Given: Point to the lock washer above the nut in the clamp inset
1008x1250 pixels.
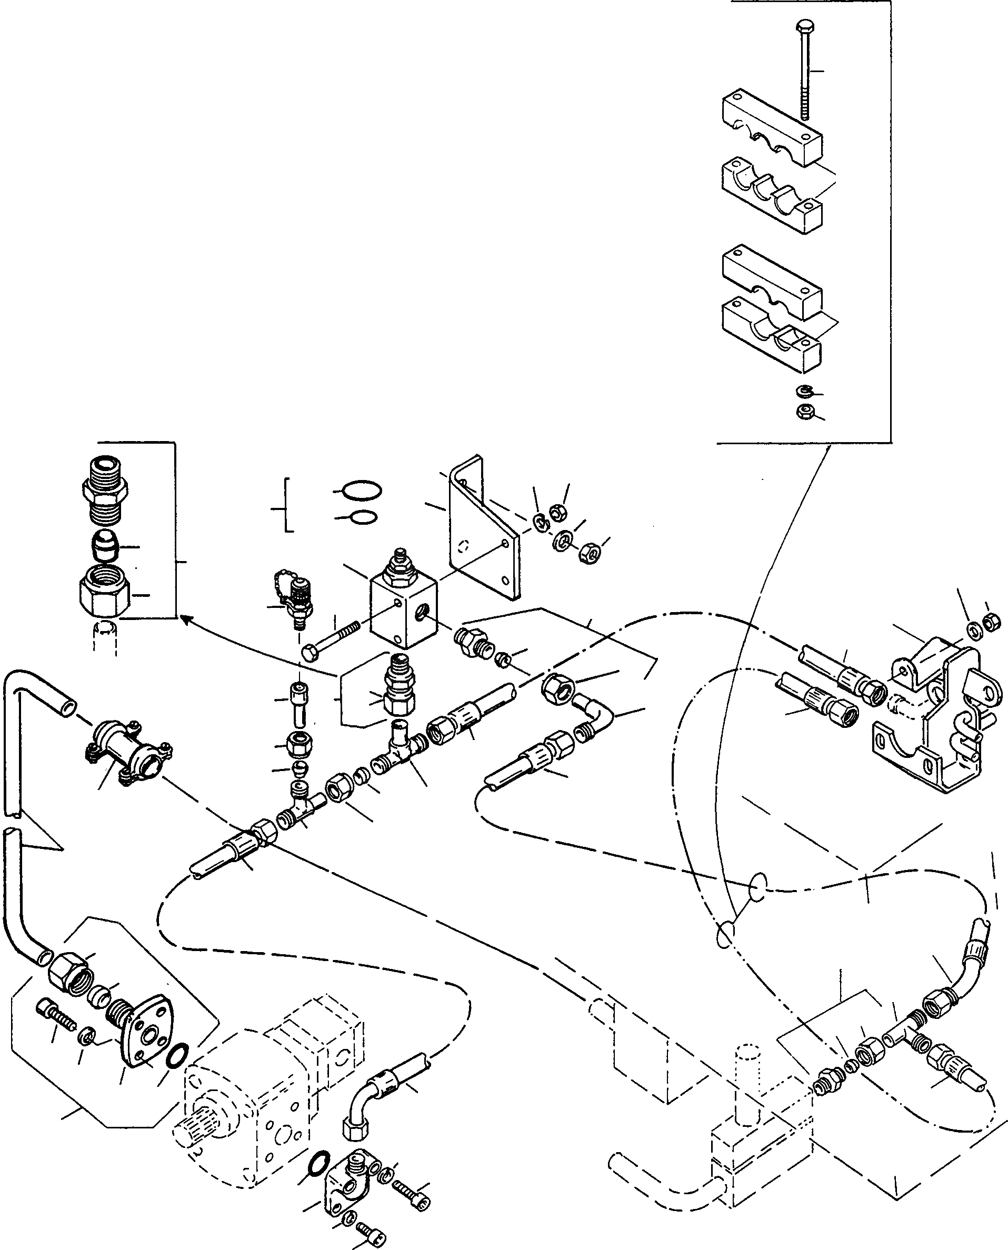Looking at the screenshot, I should pos(804,390).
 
